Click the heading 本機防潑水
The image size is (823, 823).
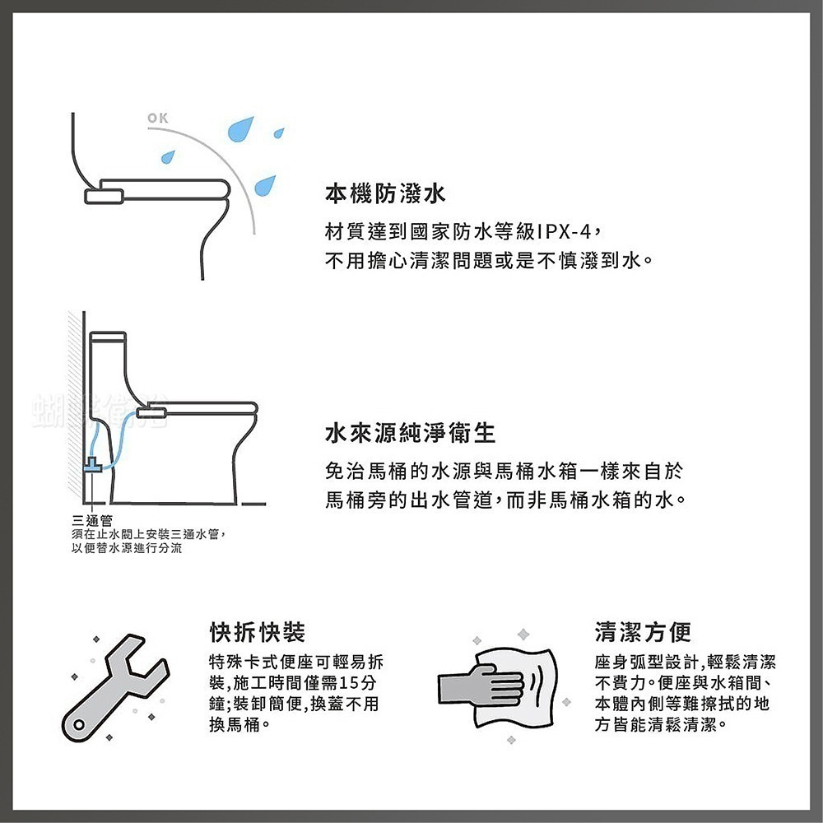pyautogui.click(x=385, y=193)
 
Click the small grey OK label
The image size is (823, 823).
pyautogui.click(x=157, y=118)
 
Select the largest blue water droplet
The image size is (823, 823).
pyautogui.click(x=241, y=129)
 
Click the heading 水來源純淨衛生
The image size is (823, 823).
pyautogui.click(x=411, y=433)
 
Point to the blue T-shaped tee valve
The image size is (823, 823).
pyautogui.click(x=93, y=465)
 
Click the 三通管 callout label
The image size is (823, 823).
pyautogui.click(x=92, y=521)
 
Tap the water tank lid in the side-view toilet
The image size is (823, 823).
pyautogui.click(x=108, y=337)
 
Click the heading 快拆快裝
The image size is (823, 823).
pyautogui.click(x=257, y=632)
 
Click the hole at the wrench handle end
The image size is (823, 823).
pyautogui.click(x=79, y=725)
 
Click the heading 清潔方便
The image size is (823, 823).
pyautogui.click(x=643, y=632)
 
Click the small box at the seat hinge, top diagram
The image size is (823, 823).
pyautogui.click(x=105, y=197)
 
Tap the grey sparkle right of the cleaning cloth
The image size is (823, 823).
pyautogui.click(x=566, y=702)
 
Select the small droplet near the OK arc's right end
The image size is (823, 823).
pyautogui.click(x=279, y=133)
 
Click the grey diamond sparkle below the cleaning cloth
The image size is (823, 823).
pyautogui.click(x=511, y=740)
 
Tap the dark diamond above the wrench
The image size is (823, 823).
pyautogui.click(x=96, y=639)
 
